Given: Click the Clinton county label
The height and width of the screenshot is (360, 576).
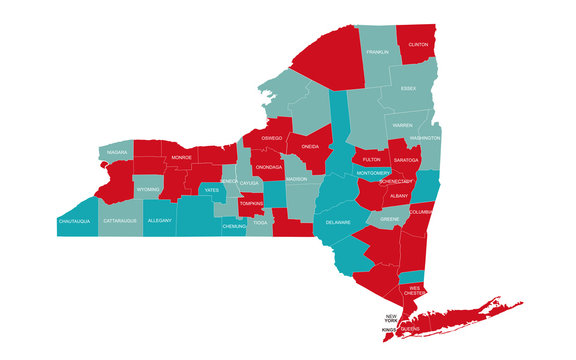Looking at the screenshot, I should [x=419, y=45].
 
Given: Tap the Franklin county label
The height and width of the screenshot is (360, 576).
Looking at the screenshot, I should [x=377, y=52].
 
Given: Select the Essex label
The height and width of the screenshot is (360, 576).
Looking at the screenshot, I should [x=409, y=88].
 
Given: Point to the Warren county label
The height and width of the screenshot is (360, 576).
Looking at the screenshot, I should [x=402, y=125].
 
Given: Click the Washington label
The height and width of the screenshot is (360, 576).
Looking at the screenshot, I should [x=424, y=138].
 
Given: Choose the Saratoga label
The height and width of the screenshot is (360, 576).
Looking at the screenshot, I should [x=406, y=160].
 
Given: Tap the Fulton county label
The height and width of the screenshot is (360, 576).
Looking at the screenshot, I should [x=371, y=160].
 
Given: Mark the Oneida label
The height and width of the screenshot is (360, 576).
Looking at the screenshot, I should [x=310, y=147].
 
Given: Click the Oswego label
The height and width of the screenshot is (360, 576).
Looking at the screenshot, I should [x=272, y=138].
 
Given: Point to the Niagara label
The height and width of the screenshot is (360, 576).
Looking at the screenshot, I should [x=118, y=153].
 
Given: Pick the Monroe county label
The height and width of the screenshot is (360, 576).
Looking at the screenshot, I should [x=181, y=158].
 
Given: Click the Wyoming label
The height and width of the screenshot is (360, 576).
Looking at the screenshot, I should [x=148, y=189].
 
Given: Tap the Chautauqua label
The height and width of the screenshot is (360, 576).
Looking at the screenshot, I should [x=76, y=220].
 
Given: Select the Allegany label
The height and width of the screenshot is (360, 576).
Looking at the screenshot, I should [x=159, y=220].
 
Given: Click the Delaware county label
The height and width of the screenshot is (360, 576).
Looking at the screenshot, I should [x=338, y=222].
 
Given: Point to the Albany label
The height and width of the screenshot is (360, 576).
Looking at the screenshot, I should [x=400, y=197].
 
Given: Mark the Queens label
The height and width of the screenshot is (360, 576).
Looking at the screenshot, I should [x=410, y=328].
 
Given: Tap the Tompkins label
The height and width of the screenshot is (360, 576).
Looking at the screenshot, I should [x=252, y=203].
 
